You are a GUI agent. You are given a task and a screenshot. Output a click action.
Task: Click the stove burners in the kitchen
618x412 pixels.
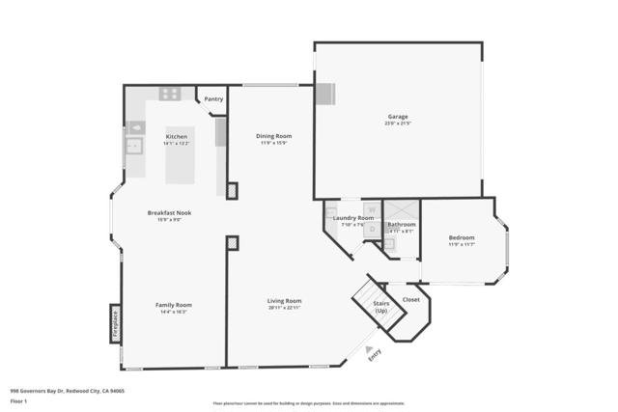click(x=170, y=94)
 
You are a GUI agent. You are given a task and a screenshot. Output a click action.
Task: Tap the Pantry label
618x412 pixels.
click(x=213, y=98)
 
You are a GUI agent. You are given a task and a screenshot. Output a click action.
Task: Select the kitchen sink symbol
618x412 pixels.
click(x=134, y=146)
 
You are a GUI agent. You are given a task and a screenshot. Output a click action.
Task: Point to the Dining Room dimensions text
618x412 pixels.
click(x=273, y=144)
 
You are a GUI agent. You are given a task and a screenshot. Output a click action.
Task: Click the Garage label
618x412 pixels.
click(x=398, y=117)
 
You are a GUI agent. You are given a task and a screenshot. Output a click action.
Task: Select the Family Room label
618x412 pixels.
click(x=174, y=304)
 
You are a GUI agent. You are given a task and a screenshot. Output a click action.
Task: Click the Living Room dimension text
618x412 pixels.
click(x=284, y=308)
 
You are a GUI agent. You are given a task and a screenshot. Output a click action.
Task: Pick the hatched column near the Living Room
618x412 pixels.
click(x=232, y=243)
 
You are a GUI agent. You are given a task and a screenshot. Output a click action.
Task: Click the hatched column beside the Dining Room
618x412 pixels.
click(x=232, y=191)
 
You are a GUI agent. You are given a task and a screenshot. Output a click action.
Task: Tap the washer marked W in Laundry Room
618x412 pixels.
click(x=368, y=208)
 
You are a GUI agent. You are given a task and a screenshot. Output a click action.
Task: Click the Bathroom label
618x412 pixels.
click(x=401, y=225)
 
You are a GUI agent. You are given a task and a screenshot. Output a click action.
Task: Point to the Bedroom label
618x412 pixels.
click(x=462, y=237)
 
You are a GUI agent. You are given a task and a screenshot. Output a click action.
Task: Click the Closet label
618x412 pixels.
click(x=411, y=299)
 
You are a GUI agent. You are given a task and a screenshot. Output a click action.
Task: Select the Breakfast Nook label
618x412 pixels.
click(x=169, y=212)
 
